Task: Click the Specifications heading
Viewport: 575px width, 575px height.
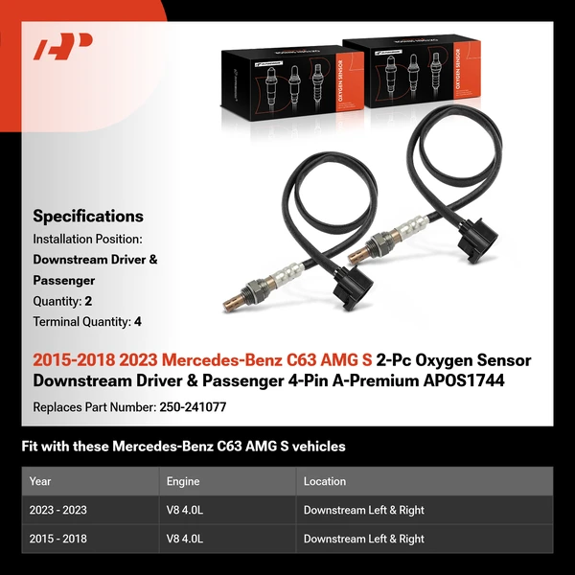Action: [88, 216]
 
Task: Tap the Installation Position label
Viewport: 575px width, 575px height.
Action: [87, 238]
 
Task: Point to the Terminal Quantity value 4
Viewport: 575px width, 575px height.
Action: [138, 322]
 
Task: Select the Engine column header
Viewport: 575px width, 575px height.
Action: [183, 481]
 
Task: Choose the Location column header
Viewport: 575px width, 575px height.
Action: [325, 481]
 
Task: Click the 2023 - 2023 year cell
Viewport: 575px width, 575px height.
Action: [58, 510]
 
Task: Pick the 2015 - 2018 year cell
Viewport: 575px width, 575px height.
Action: [58, 539]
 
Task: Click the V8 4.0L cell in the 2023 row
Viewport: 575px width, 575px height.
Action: [185, 510]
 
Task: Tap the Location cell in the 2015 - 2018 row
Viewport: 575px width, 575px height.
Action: [364, 539]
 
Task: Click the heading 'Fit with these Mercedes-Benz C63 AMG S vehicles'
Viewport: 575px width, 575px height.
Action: [183, 447]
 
